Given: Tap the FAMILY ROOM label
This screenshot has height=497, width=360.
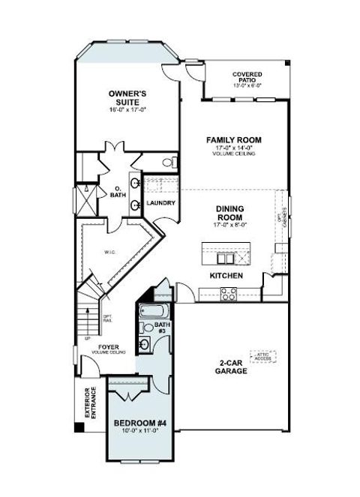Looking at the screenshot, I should [233, 139].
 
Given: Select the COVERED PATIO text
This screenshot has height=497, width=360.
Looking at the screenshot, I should [247, 77].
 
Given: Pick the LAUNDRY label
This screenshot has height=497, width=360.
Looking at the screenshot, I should [160, 203].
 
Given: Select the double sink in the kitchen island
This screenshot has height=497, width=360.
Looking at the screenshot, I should [225, 258].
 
